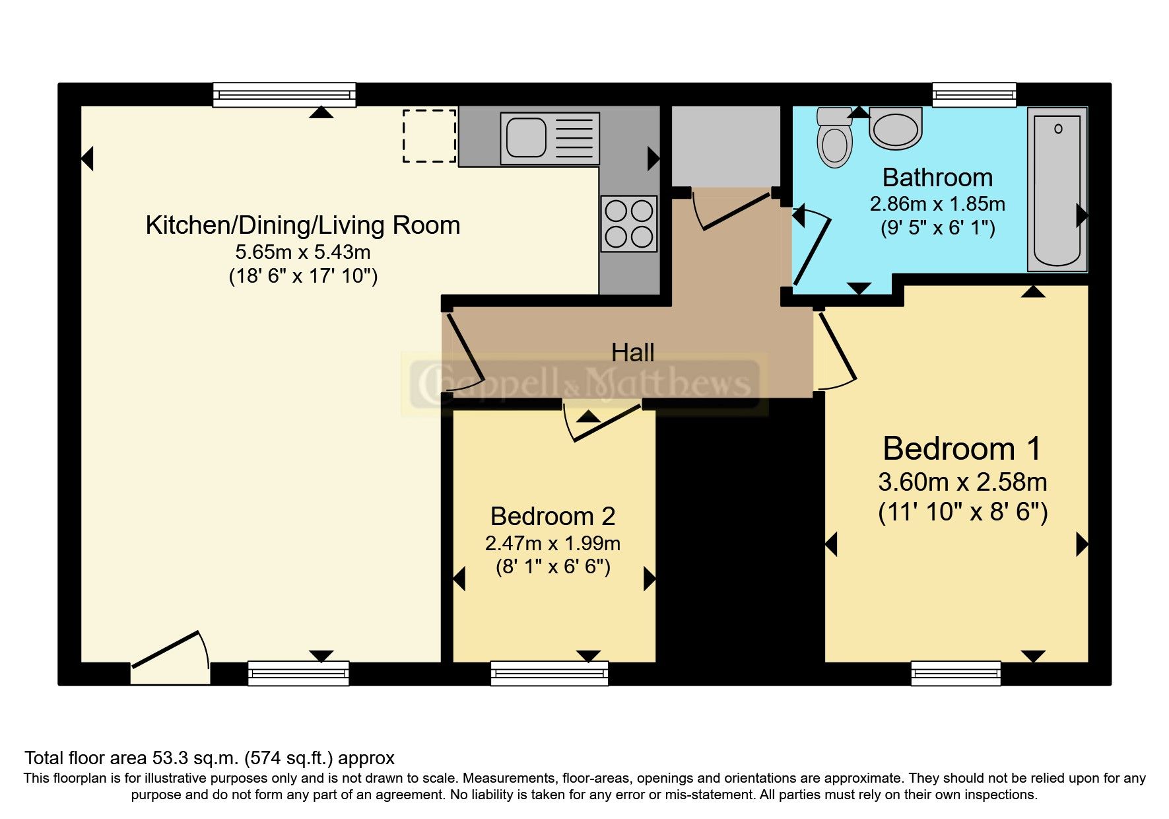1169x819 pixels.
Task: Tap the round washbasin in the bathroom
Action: [x=895, y=129]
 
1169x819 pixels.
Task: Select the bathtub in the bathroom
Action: [x=1057, y=190]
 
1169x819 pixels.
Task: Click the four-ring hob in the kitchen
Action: [x=629, y=224]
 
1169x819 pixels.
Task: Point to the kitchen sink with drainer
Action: [x=551, y=138]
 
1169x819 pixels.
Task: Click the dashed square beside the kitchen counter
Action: [x=430, y=136]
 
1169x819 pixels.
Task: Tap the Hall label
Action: [x=632, y=353]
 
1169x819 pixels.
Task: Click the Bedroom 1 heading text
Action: [x=961, y=449]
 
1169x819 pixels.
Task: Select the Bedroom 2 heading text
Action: [x=552, y=516]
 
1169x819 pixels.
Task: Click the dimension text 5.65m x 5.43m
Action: [x=303, y=252]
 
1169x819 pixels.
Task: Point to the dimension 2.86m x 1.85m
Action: [x=937, y=203]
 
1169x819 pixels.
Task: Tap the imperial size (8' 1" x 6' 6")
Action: [x=552, y=567]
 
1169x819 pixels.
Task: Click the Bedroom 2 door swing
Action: [x=601, y=423]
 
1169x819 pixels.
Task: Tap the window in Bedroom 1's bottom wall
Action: [x=956, y=674]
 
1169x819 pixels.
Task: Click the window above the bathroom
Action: [x=973, y=94]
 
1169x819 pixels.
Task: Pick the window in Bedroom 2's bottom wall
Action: [x=549, y=674]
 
